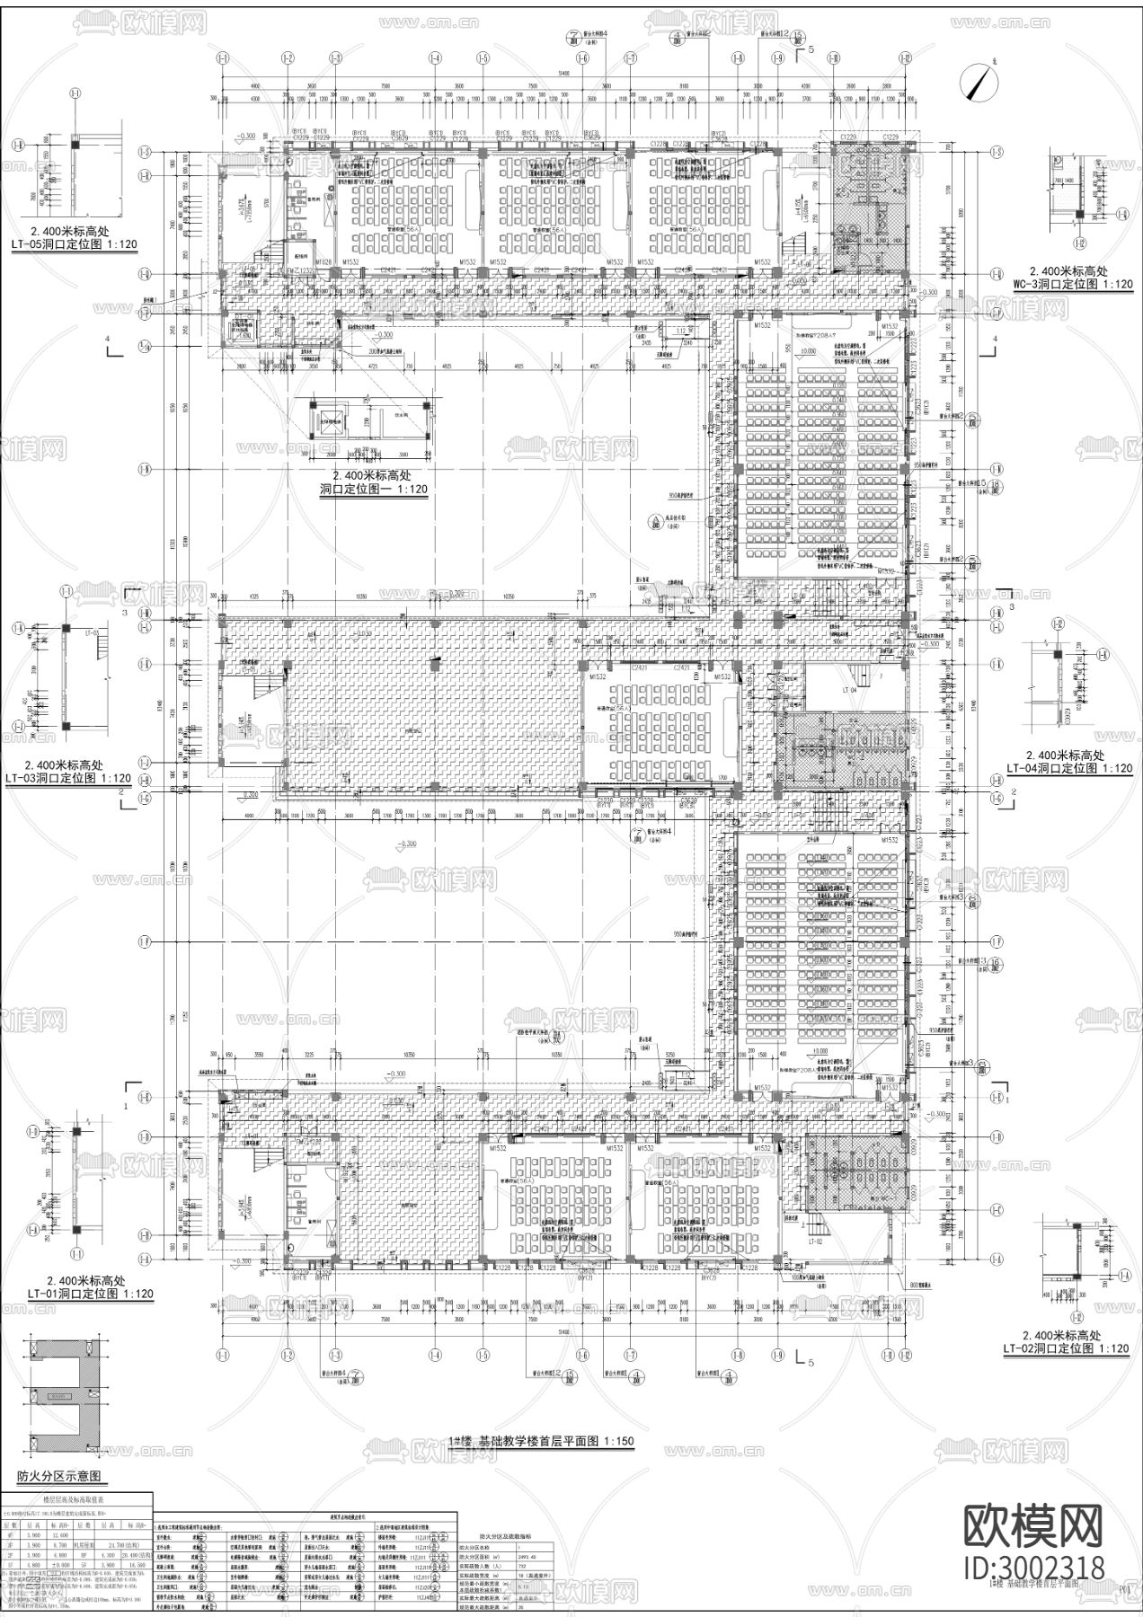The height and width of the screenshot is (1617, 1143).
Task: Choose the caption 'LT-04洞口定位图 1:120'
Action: pyautogui.click(x=1068, y=768)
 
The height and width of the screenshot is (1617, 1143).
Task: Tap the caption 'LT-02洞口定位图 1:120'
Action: pyautogui.click(x=1066, y=1348)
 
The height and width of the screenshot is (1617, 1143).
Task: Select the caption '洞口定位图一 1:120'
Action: pyautogui.click(x=373, y=489)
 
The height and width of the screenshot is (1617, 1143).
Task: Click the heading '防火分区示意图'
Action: pyautogui.click(x=60, y=1476)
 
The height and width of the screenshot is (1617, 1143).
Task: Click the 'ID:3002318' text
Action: pyautogui.click(x=1033, y=1568)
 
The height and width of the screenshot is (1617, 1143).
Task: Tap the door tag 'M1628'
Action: pyautogui.click(x=323, y=261)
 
